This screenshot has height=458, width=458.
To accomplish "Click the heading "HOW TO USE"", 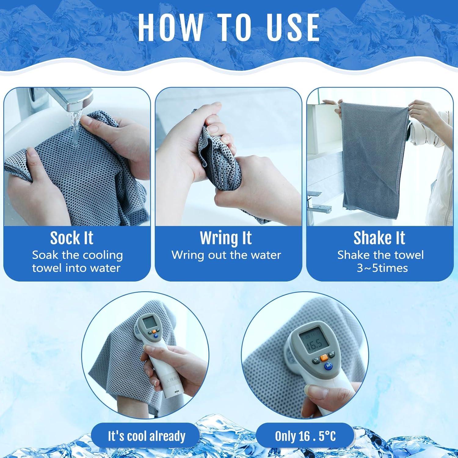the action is coord(229,27).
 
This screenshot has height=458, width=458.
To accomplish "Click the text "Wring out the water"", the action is coord(226,255).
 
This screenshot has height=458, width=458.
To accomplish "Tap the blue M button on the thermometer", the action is coord(329,365).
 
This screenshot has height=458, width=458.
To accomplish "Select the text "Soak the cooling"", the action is coord(77,255).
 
